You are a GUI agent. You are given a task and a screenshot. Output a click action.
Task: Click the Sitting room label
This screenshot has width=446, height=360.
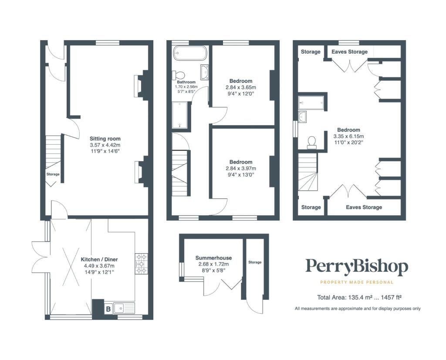click(105, 139)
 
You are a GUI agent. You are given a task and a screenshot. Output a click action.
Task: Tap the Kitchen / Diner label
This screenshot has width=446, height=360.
click(99, 260)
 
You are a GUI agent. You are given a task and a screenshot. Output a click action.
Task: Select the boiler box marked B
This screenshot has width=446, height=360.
click(108, 309)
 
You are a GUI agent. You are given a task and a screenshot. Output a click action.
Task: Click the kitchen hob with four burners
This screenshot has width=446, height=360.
click(142, 264)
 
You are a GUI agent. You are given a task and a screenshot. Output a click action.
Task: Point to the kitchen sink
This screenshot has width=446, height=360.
click(124, 308)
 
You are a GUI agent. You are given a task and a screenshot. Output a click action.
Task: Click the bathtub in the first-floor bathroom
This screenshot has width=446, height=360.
click(190, 53)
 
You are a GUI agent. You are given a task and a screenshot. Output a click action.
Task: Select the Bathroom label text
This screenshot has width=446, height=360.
click(186, 82)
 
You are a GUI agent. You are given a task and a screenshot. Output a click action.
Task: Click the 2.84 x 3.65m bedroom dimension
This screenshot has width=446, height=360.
click(241, 87)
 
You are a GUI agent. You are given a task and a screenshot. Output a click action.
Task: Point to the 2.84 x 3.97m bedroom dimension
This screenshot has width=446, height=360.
click(241, 169)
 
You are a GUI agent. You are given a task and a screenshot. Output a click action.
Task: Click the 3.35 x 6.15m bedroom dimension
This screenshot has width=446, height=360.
click(349, 136)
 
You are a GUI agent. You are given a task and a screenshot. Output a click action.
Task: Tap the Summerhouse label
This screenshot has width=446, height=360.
click(213, 258)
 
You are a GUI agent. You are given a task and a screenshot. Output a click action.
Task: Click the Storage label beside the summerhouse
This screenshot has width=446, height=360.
click(255, 262)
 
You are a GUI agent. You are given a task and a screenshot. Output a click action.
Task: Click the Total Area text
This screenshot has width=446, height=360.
click(359, 297)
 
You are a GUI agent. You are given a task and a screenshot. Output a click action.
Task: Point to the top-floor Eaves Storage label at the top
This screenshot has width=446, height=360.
click(350, 52)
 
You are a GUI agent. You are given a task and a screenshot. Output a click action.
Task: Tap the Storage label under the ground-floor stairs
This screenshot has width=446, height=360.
click(53, 174)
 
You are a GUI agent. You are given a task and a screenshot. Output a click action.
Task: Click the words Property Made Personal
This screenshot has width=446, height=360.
click(357, 282)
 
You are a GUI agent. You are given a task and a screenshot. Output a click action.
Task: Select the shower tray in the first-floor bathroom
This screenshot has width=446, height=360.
click(180, 115)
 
